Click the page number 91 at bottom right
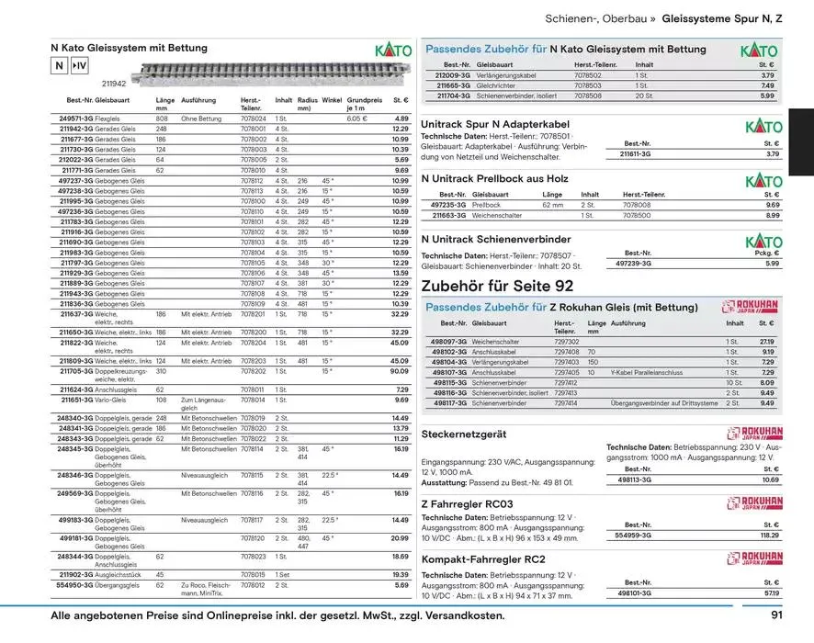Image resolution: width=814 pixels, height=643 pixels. click(x=776, y=615)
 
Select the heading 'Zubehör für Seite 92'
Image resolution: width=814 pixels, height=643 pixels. click(x=497, y=287)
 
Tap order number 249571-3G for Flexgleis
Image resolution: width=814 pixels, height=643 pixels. click(x=75, y=118)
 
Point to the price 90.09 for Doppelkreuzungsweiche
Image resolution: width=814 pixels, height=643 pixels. click(x=399, y=371)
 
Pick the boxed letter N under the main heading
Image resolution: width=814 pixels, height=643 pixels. click(x=59, y=66)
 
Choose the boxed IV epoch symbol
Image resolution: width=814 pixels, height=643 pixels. click(x=80, y=66)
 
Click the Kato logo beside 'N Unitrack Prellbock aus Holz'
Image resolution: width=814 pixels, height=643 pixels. click(x=763, y=180)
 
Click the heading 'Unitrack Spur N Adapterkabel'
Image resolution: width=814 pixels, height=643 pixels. click(x=494, y=123)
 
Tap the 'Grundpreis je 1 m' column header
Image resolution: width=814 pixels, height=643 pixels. click(x=365, y=104)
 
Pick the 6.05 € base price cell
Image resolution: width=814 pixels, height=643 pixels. click(x=356, y=118)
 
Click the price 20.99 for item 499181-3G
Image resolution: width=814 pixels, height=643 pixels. click(x=399, y=538)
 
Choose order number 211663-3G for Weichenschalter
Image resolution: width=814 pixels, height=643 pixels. click(x=451, y=215)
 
